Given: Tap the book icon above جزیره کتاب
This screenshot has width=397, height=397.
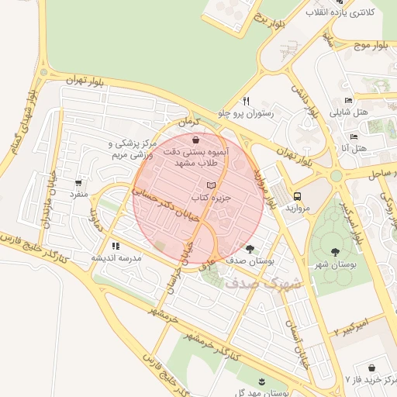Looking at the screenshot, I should click(212, 185).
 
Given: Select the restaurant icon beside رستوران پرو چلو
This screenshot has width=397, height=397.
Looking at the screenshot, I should click(246, 101).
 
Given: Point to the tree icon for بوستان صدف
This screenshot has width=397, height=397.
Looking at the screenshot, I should click(249, 249).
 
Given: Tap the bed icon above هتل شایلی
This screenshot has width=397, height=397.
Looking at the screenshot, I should click(348, 100).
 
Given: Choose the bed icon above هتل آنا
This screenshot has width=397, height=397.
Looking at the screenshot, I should click(354, 136).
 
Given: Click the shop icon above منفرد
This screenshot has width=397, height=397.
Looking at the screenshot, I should click(78, 184).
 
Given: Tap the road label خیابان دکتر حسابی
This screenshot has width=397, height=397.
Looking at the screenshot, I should click(165, 199).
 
